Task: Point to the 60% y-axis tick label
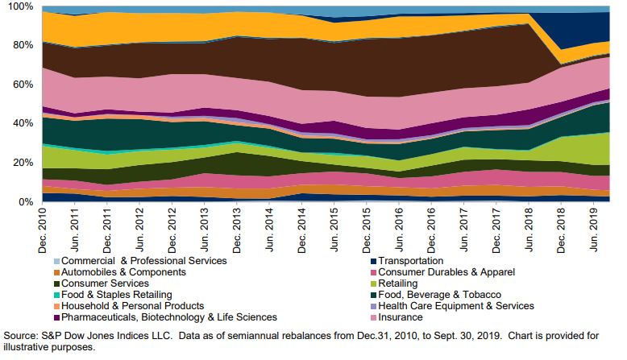[x=20, y=85]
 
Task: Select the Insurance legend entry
[x=401, y=317]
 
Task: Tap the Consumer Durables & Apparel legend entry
[x=446, y=272]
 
